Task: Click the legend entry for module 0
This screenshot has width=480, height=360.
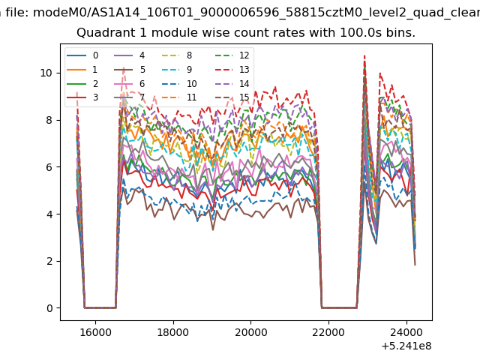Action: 82,55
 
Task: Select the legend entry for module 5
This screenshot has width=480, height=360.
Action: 130,70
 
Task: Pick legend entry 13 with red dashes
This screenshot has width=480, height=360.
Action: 232,70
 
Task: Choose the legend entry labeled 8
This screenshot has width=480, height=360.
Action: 177,55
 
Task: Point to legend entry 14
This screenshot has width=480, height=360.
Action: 232,83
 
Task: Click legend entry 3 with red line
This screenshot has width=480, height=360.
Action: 82,97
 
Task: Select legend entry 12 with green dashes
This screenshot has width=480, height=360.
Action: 232,55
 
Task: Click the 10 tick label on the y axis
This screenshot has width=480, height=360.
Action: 46,73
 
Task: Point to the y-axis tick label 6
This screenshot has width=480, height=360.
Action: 49,167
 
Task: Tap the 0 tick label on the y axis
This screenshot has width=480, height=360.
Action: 49,308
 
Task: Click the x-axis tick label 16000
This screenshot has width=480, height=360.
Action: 95,332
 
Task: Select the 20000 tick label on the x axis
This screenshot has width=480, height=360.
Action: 251,332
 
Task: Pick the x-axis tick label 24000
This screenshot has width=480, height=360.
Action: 406,332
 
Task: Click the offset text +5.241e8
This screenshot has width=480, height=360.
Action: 406,346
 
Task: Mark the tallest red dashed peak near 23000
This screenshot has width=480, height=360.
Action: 364,55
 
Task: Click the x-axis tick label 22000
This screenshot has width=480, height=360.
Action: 328,332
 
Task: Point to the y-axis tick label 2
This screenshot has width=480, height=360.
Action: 49,262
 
